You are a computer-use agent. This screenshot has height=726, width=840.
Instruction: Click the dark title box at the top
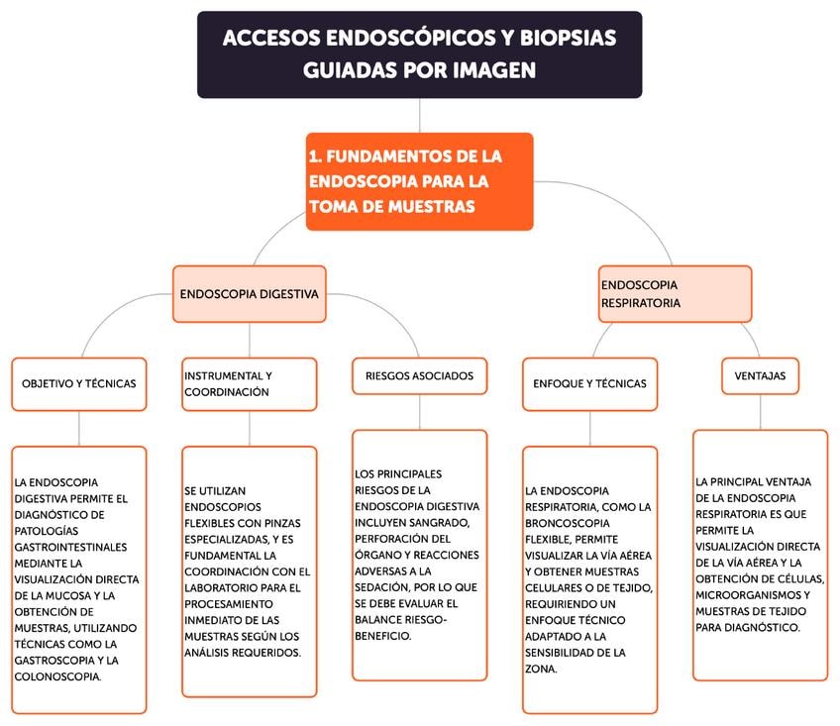click(x=419, y=54)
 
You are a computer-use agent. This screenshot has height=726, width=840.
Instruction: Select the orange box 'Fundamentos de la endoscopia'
click(x=419, y=181)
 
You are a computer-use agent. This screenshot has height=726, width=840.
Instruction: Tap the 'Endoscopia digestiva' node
click(x=249, y=294)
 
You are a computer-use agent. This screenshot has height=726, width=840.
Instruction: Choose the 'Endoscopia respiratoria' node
click(x=675, y=294)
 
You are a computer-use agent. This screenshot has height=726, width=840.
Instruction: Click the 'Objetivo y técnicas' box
click(x=79, y=383)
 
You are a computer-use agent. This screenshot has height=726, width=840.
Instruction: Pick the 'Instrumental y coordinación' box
click(x=249, y=383)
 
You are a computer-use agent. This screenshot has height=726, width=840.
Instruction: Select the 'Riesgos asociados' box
click(x=419, y=375)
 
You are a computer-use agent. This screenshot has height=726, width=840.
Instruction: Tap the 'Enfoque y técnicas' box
click(x=589, y=383)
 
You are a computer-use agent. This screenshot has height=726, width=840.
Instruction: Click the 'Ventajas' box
click(x=760, y=375)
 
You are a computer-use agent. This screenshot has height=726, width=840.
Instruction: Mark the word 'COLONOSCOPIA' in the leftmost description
click(x=58, y=676)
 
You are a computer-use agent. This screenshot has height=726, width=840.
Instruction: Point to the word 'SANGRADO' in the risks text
click(x=455, y=522)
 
